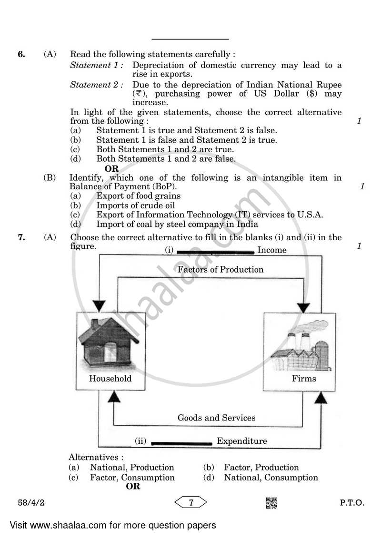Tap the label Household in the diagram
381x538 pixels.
pyautogui.click(x=110, y=379)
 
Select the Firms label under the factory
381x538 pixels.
pyautogui.click(x=304, y=379)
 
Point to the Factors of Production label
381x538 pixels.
pyautogui.click(x=221, y=269)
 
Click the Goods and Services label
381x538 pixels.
pyautogui.click(x=216, y=418)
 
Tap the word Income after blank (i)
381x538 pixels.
pyautogui.click(x=272, y=250)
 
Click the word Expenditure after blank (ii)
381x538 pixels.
pyautogui.click(x=242, y=441)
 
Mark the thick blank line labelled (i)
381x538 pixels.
pyautogui.click(x=215, y=251)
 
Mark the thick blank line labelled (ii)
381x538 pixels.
pyautogui.click(x=181, y=442)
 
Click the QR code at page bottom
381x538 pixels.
pyautogui.click(x=271, y=503)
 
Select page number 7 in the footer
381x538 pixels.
pyautogui.click(x=190, y=502)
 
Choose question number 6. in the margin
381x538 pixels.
pyautogui.click(x=21, y=54)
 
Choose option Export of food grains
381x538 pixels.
pyautogui.click(x=138, y=196)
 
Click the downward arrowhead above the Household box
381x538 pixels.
pyautogui.click(x=99, y=305)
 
